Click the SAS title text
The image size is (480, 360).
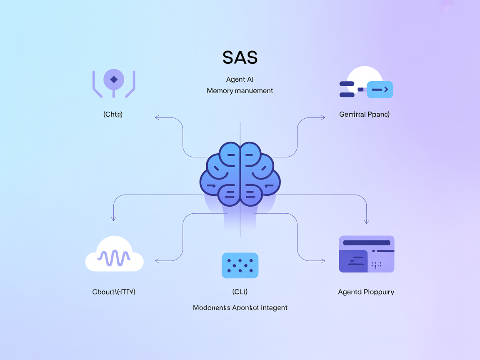click(240, 57)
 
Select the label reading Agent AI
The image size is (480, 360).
click(240, 79)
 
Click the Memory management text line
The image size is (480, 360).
click(240, 90)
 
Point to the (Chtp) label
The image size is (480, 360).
click(113, 114)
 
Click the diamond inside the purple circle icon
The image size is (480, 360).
click(113, 79)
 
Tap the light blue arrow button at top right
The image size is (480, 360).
click(380, 89)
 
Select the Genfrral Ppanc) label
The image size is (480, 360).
click(365, 114)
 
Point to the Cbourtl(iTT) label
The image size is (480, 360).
click(114, 292)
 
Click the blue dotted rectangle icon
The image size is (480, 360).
click(240, 265)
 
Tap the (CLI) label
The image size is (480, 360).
click(240, 292)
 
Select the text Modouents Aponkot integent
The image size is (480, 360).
click(240, 307)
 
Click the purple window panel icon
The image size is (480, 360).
click(367, 254)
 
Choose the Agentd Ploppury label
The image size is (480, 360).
click(366, 292)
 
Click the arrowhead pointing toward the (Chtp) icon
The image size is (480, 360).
click(157, 118)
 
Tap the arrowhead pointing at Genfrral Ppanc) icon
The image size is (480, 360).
click(323, 118)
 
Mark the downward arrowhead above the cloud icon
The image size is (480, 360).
click(113, 218)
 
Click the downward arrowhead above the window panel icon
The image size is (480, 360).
click(367, 221)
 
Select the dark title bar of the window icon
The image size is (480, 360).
click(366, 242)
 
